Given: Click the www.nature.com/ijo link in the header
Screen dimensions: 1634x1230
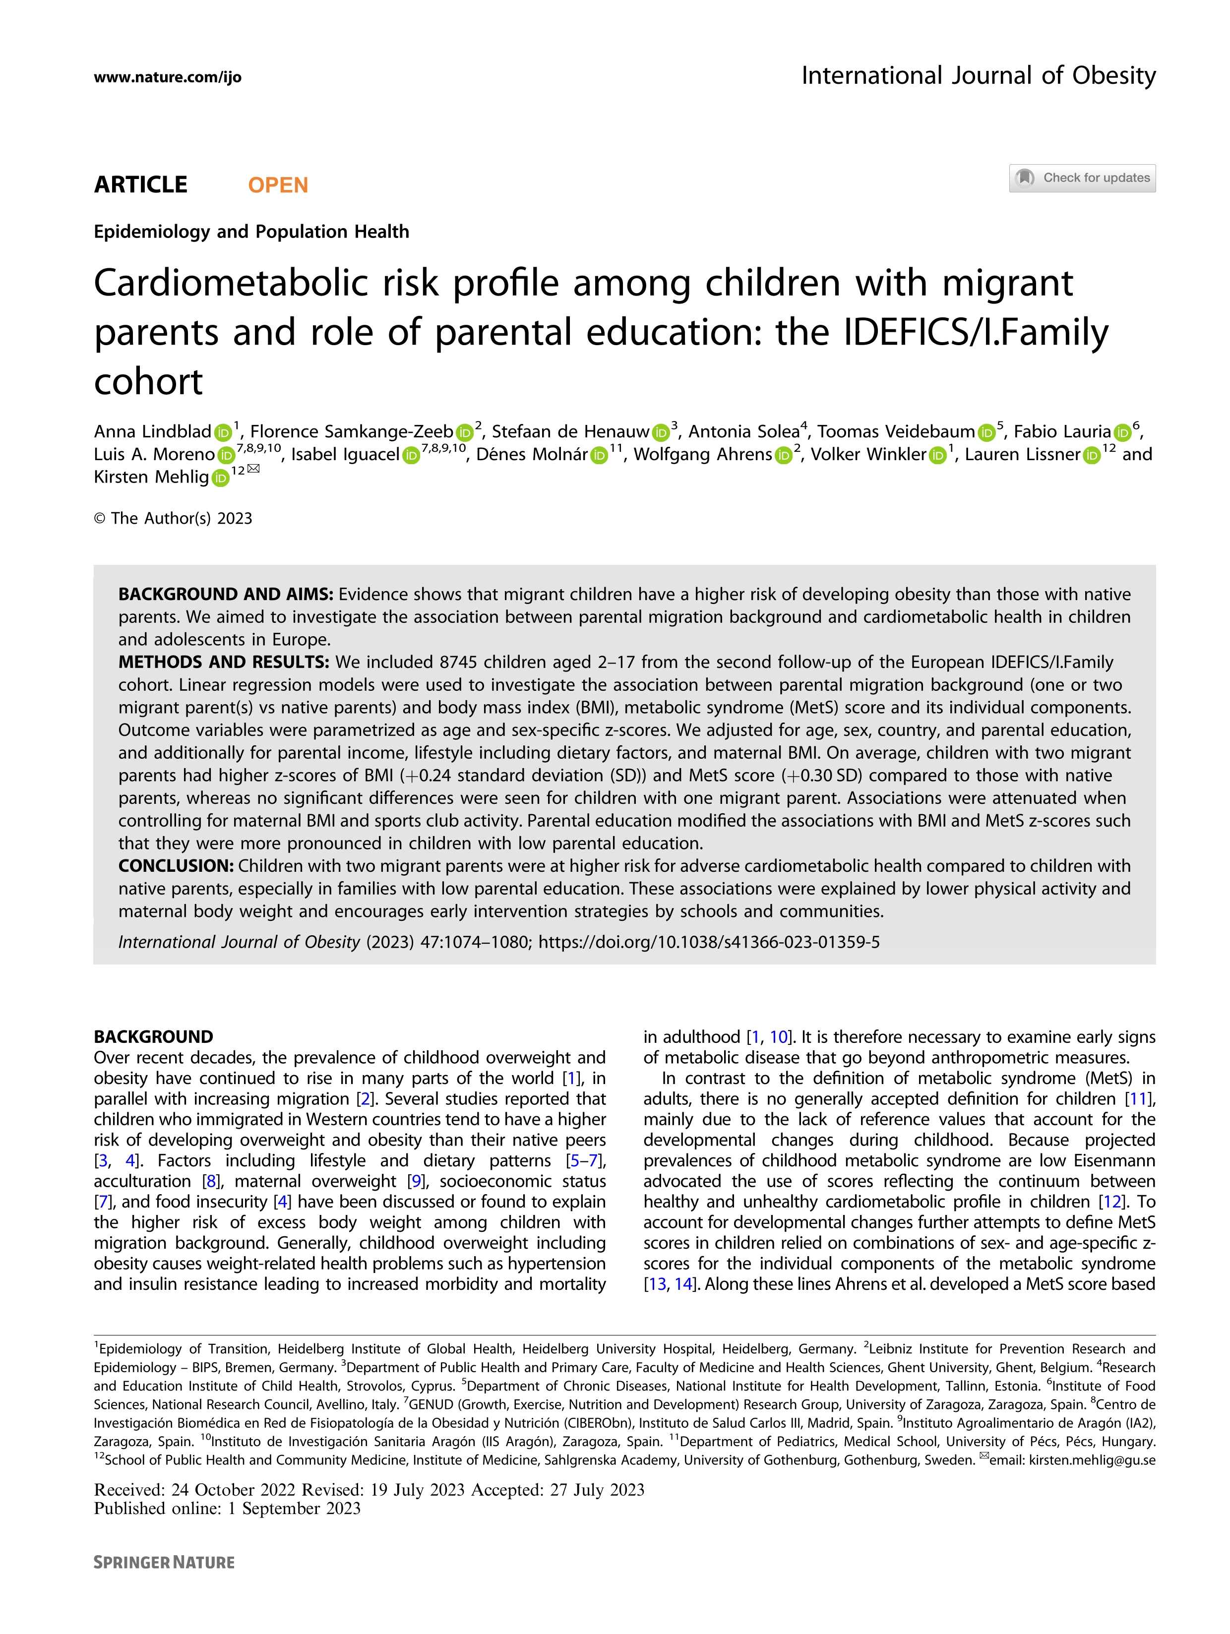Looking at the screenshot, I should click(167, 77).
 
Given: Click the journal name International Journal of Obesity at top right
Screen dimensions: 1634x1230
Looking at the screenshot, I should click(978, 75).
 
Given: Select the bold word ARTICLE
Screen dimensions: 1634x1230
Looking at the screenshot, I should click(140, 184).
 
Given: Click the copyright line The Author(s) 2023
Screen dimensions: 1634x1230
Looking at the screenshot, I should click(173, 519).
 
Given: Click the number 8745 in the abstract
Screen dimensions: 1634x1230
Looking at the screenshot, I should click(461, 662).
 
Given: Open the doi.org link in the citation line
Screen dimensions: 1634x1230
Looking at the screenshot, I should click(708, 942).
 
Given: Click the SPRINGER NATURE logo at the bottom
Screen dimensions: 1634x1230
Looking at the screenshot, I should click(164, 1562).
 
